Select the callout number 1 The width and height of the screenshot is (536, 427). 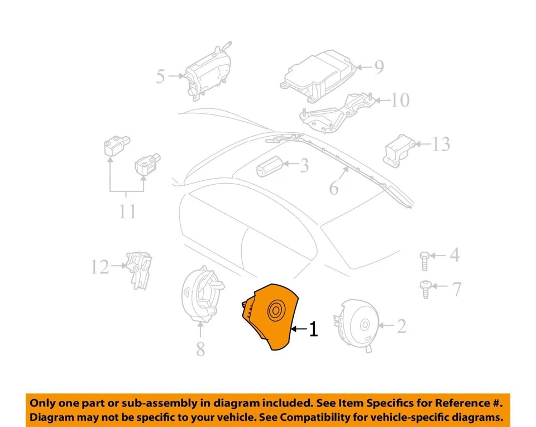(x=313, y=329)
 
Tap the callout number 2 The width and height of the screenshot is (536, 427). (x=401, y=325)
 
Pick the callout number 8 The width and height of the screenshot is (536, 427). (x=200, y=349)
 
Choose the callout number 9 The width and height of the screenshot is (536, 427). (x=379, y=68)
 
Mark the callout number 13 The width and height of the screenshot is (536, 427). (x=441, y=145)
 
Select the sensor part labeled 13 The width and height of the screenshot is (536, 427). (x=400, y=149)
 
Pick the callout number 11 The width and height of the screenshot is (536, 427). (x=128, y=212)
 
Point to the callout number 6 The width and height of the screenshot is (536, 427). (x=334, y=188)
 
